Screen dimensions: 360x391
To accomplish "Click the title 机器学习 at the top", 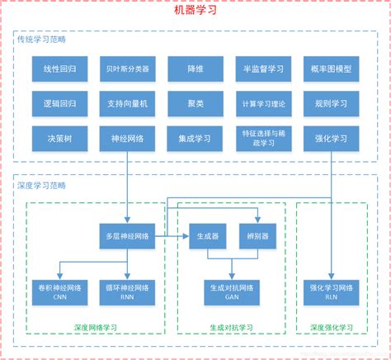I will click(195, 10).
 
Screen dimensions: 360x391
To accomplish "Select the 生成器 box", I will click(207, 236).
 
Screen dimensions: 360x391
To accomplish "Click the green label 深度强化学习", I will click(331, 328).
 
